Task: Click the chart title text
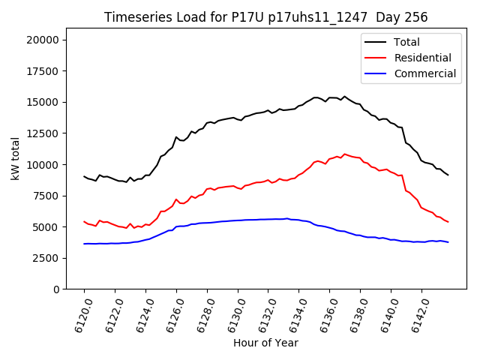[x=265, y=17]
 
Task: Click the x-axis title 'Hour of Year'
[x=265, y=343]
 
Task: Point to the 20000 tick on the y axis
[x=43, y=40]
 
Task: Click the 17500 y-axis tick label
[x=43, y=71]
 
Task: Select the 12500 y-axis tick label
[x=43, y=133]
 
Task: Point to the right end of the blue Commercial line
[x=448, y=242]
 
